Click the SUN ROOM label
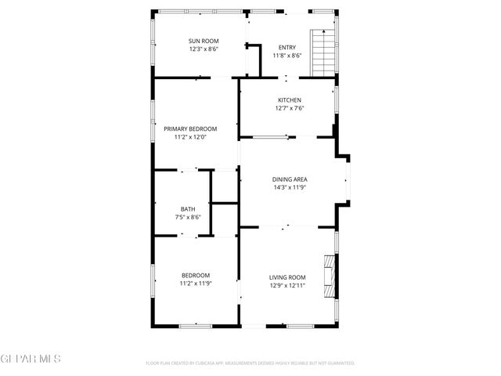click(x=204, y=41)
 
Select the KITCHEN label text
click(x=289, y=100)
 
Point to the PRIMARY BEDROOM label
click(x=190, y=128)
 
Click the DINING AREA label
click(x=289, y=179)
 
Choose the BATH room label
click(x=188, y=209)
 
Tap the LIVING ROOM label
click(x=287, y=277)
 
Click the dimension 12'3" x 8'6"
click(x=204, y=49)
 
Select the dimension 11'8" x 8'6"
click(x=287, y=56)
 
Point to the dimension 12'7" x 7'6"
click(x=289, y=108)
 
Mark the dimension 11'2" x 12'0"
click(x=190, y=137)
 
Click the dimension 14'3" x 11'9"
click(x=289, y=187)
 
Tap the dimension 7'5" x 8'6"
click(x=188, y=217)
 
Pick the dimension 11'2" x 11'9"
click(x=196, y=284)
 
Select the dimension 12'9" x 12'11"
click(x=287, y=285)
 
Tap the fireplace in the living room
click(x=330, y=275)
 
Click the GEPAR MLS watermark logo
click(x=31, y=359)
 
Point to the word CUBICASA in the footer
click(x=211, y=363)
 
